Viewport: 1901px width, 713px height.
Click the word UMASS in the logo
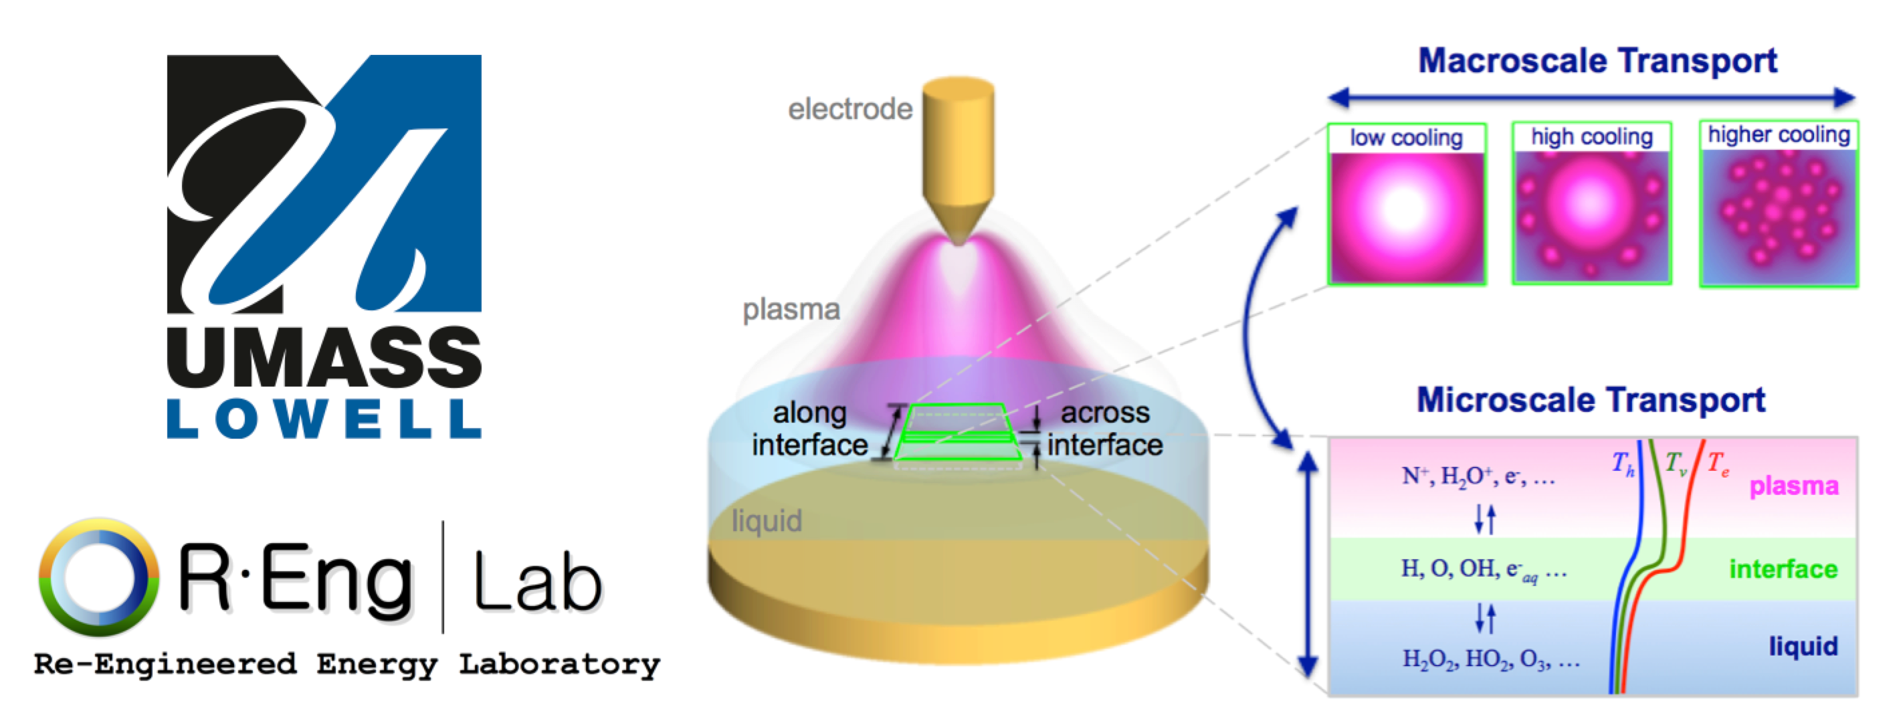click(x=324, y=357)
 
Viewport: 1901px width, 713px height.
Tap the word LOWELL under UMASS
click(x=324, y=419)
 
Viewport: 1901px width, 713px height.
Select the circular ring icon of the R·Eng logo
click(x=98, y=577)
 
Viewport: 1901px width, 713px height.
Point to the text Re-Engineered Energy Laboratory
click(x=347, y=664)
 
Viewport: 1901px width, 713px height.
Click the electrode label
click(x=850, y=109)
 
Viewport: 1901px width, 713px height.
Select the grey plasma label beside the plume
click(x=791, y=309)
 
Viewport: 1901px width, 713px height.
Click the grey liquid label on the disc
click(x=766, y=521)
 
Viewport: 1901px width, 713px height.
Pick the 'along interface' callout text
click(x=809, y=429)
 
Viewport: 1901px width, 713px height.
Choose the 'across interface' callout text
click(x=1105, y=429)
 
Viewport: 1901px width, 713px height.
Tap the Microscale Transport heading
click(x=1591, y=400)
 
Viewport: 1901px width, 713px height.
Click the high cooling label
click(x=1592, y=136)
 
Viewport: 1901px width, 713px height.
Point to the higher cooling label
click(x=1779, y=134)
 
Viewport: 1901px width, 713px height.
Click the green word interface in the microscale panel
click(x=1783, y=569)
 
